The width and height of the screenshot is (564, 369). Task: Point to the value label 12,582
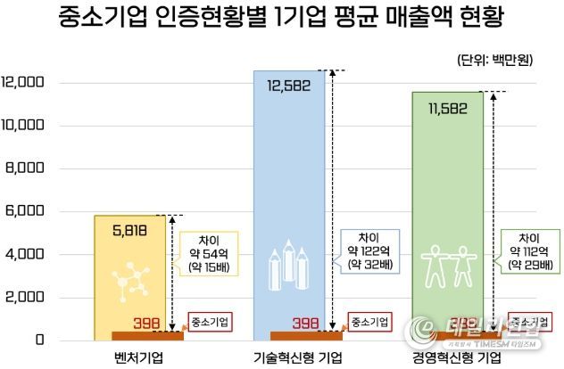[x=289, y=86]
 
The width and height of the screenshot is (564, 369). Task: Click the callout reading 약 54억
[x=210, y=253]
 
